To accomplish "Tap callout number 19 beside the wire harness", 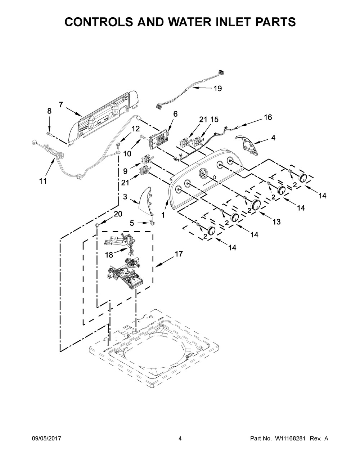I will point(217,88).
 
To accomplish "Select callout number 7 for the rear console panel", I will point(61,105).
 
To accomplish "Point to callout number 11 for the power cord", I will point(43,182).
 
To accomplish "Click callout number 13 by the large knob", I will point(276,222).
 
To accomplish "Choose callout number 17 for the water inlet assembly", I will point(179,254).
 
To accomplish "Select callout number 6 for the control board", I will point(175,114).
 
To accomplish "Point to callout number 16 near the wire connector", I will point(267,117).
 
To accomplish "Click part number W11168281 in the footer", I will point(285,439).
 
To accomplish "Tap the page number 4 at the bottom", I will point(180,439).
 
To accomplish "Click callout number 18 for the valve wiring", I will point(109,255).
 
